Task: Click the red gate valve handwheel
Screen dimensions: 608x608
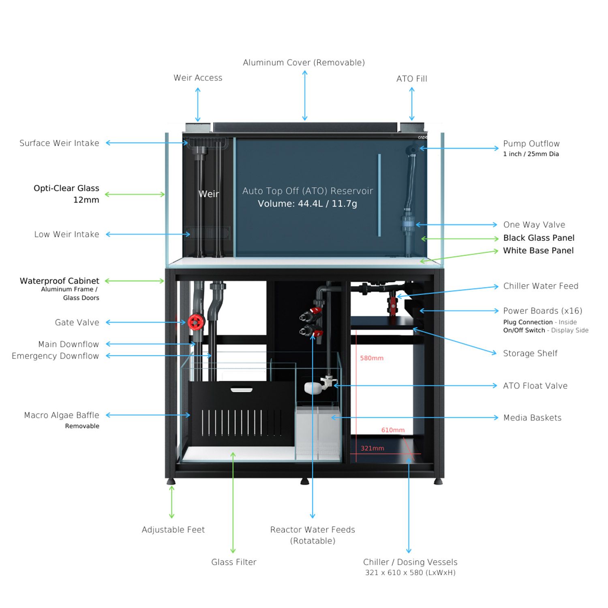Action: tap(196, 322)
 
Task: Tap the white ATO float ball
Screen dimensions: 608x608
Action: tap(313, 388)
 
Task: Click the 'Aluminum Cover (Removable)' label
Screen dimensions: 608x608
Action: tap(304, 62)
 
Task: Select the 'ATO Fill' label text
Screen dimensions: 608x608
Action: tap(411, 79)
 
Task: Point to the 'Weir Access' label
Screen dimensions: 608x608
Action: tap(198, 78)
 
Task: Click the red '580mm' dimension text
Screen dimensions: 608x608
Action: tap(371, 358)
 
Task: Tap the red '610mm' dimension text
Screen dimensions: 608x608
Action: tap(392, 430)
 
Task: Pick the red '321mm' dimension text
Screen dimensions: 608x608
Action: tap(372, 448)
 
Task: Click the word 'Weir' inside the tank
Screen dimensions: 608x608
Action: tap(209, 194)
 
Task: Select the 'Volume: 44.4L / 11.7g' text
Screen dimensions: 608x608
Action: tap(307, 203)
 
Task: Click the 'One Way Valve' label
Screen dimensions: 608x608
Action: tap(534, 225)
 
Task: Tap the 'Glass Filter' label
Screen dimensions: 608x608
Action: tap(233, 562)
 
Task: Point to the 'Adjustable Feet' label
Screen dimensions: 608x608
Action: tap(173, 529)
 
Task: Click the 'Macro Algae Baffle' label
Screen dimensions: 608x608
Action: tap(62, 415)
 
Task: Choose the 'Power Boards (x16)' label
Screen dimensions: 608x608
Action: tap(542, 311)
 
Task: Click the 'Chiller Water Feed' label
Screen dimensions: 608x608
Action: tap(540, 286)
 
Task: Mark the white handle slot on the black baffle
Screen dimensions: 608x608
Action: tap(242, 390)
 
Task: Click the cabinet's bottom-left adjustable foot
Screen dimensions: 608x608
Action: tap(171, 482)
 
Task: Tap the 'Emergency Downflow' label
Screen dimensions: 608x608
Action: tap(55, 356)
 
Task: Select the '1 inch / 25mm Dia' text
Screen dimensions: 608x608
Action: tap(531, 154)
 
